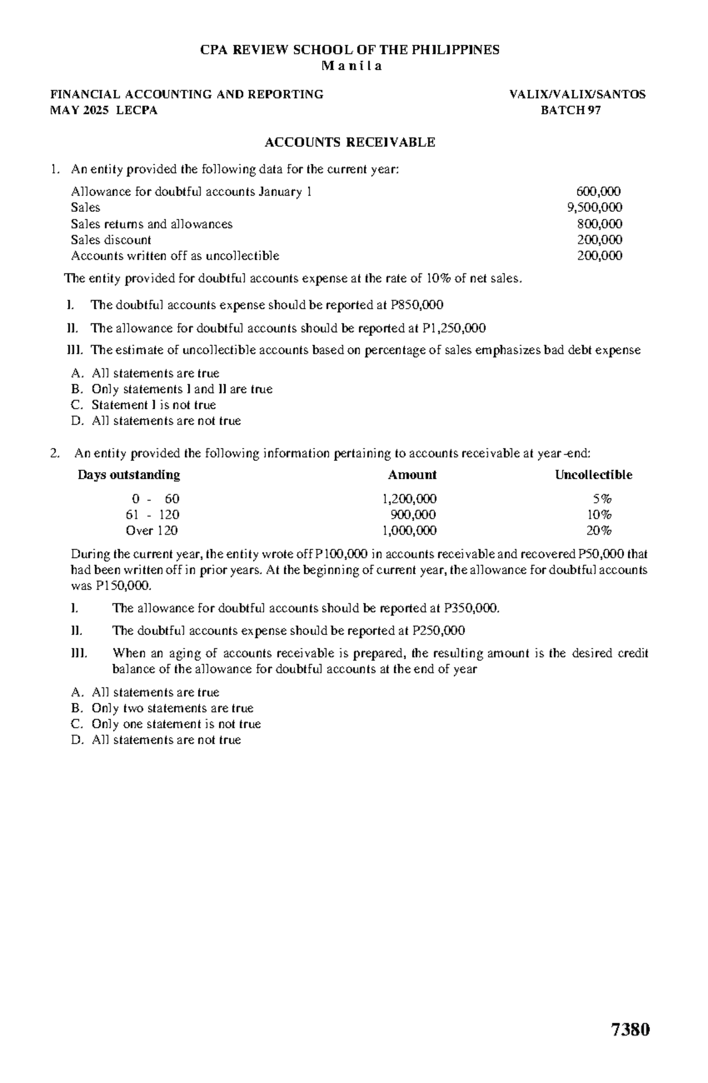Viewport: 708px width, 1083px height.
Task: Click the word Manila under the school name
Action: tap(352, 66)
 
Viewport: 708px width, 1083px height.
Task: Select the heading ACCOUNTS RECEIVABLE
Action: tap(350, 142)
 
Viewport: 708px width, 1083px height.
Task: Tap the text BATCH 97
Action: tap(571, 110)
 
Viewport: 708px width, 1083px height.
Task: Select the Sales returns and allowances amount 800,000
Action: tap(599, 224)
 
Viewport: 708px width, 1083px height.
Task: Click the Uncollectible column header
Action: tap(593, 475)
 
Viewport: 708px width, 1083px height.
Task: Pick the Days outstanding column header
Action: tap(129, 475)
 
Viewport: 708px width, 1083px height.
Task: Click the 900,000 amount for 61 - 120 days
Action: tap(417, 514)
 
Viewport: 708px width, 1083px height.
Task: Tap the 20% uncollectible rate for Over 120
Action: tap(599, 530)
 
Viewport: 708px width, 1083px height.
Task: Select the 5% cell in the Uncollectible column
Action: tap(602, 498)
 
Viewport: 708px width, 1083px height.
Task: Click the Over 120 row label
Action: tap(152, 530)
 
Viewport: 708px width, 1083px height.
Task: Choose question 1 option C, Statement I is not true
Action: tap(153, 405)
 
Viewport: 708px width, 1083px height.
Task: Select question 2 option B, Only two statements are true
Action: tap(172, 708)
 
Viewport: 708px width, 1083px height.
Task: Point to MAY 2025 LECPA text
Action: tap(104, 110)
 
